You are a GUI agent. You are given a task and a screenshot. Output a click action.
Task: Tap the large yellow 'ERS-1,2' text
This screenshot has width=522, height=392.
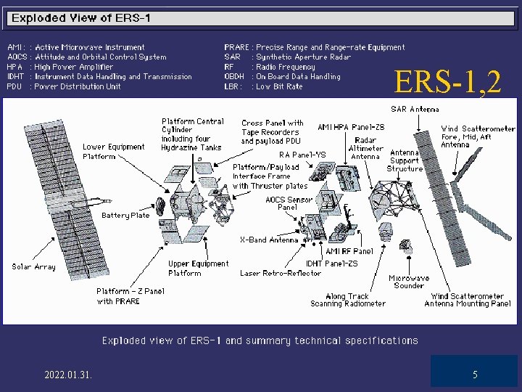tap(447, 82)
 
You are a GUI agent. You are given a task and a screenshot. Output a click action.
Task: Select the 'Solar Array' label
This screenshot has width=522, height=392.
tap(33, 266)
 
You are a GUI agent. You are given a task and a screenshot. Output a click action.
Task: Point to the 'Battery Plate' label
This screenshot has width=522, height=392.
tap(125, 215)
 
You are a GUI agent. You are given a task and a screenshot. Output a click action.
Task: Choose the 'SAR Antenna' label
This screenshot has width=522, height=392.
tap(415, 110)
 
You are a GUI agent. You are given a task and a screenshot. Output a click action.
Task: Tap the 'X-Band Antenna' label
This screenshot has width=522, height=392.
tap(269, 240)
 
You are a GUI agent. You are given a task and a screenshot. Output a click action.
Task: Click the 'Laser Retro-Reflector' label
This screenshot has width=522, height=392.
tap(281, 273)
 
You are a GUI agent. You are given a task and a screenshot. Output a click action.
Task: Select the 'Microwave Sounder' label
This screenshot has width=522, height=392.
tap(409, 282)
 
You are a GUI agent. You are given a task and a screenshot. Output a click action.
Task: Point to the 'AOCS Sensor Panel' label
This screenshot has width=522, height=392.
tap(289, 203)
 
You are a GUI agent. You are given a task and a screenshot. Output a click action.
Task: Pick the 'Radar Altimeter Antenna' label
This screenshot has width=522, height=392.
tap(366, 148)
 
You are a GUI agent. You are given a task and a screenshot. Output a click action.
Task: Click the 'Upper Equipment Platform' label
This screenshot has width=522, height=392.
tap(198, 268)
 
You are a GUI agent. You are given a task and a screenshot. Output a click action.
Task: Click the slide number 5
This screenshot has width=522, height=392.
tap(475, 375)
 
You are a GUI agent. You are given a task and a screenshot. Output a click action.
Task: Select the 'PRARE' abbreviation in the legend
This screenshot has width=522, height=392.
tap(236, 47)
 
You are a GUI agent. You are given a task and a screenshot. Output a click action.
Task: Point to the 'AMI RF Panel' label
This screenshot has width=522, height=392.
tap(349, 251)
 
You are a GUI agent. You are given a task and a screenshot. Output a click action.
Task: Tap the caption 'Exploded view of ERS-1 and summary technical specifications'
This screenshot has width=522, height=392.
tap(260, 340)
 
